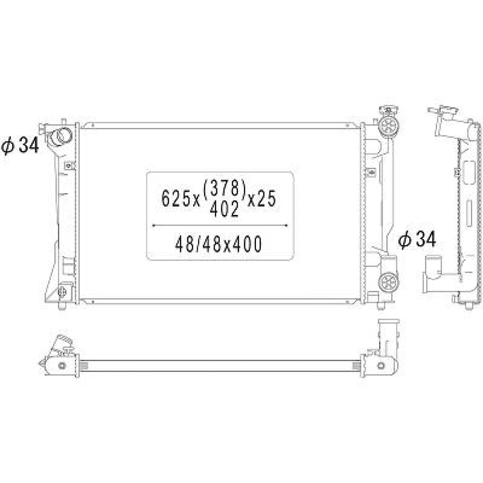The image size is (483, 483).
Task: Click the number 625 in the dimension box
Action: (x=176, y=198)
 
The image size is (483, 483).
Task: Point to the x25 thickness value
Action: (x=262, y=198)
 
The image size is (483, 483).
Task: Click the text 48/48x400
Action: (x=218, y=244)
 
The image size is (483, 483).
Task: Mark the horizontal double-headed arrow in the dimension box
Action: (x=220, y=226)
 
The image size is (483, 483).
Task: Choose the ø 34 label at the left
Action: (x=20, y=146)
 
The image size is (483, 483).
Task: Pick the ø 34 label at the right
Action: (x=417, y=240)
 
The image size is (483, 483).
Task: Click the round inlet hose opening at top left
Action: (x=60, y=136)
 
